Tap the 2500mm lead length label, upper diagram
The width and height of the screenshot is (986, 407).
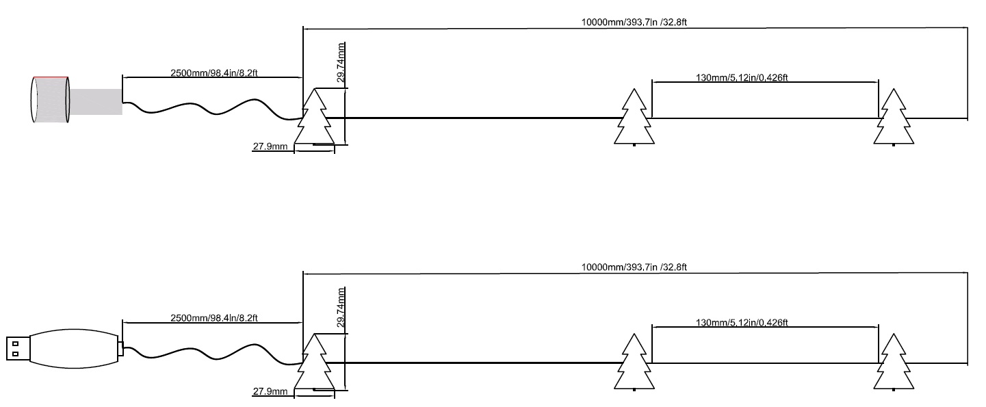(x=213, y=73)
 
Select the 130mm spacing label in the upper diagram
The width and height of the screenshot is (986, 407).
(x=742, y=77)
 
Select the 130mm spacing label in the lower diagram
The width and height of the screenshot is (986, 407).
(x=742, y=322)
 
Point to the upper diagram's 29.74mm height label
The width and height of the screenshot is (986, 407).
(x=341, y=62)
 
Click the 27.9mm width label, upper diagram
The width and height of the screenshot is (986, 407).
(x=270, y=146)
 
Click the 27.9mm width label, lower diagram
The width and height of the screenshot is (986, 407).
(x=270, y=391)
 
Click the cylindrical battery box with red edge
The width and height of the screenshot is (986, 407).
(x=51, y=100)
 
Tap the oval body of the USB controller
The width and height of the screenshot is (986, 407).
(x=74, y=349)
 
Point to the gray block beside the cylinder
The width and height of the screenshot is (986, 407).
(x=96, y=102)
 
